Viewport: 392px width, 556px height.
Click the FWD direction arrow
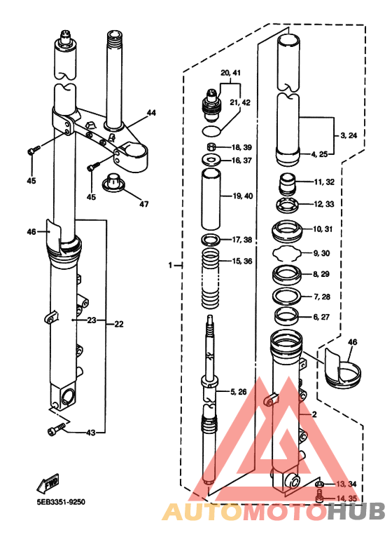coord(48,482)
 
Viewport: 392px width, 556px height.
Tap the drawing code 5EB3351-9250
coord(61,502)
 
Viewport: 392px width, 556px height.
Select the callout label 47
coord(143,204)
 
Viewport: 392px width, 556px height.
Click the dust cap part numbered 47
coord(113,182)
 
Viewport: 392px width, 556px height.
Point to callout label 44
coord(151,113)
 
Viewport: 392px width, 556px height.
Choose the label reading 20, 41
coord(230,73)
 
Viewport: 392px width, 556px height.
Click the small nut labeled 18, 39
coord(211,147)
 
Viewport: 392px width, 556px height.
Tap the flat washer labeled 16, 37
coord(211,160)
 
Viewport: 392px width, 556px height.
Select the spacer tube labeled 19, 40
coord(211,199)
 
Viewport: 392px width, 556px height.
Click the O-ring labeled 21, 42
coord(211,130)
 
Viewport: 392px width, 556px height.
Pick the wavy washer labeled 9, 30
coord(287,253)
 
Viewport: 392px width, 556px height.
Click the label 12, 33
coord(323,204)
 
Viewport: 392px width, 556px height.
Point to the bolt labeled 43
coord(57,429)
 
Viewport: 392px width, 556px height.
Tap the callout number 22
coord(118,324)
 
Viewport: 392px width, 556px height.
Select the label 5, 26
coord(238,392)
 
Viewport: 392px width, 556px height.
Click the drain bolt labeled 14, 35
coord(319,496)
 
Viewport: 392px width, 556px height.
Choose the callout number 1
coord(170,265)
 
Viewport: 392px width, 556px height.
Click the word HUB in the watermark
coord(356,511)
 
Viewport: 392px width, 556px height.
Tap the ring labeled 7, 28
coord(287,295)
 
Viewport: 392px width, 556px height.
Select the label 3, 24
coord(349,135)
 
